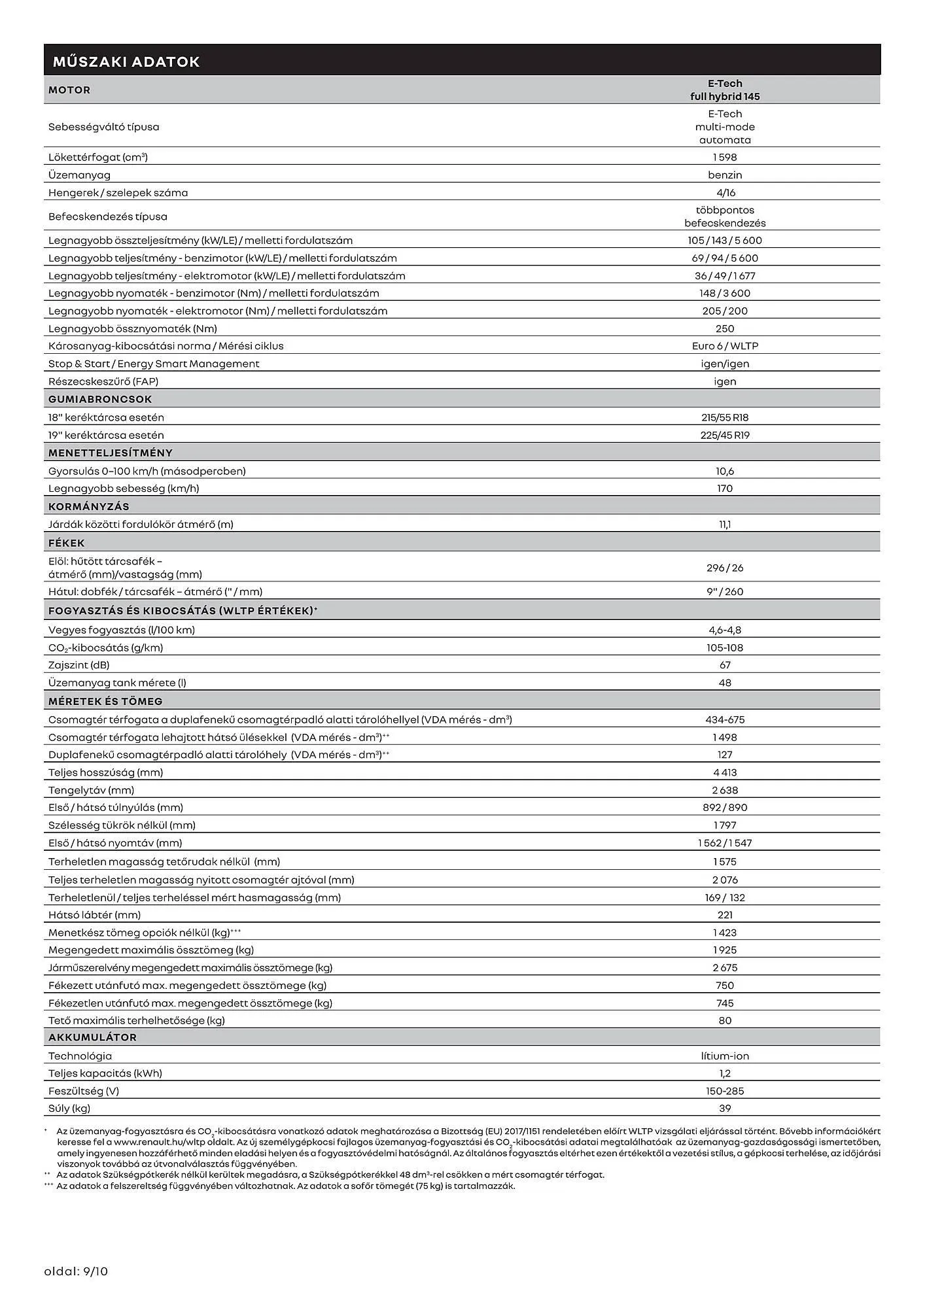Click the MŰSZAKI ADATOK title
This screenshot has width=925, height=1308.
click(126, 62)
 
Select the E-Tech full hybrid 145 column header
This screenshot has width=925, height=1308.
click(725, 90)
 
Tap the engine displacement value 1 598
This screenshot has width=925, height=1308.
click(725, 157)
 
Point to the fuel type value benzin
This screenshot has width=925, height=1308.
click(725, 175)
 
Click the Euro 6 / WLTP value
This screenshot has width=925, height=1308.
click(725, 346)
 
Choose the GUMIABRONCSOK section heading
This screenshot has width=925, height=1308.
click(100, 399)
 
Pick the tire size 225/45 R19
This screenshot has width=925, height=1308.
click(725, 435)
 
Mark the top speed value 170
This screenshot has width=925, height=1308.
click(725, 489)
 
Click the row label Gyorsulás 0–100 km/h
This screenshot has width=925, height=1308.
click(147, 471)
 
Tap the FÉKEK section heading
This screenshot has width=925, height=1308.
click(67, 543)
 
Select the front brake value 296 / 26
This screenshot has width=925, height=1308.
click(725, 568)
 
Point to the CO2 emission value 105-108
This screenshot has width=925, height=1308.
click(725, 647)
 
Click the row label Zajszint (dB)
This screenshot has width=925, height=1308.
click(79, 665)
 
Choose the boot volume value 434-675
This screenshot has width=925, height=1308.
click(725, 719)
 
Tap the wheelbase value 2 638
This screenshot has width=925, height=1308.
click(725, 790)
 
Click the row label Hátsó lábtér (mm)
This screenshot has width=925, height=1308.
click(95, 915)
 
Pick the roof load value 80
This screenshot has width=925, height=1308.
click(725, 1020)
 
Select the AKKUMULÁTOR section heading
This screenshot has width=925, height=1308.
click(93, 1037)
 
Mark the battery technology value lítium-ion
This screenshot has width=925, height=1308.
click(725, 1056)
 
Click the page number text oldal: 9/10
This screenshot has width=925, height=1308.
click(76, 1271)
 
